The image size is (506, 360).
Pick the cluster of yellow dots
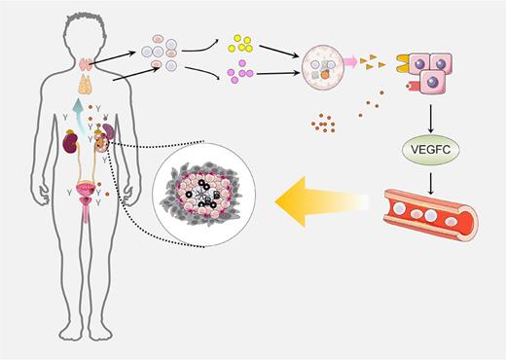(240, 44)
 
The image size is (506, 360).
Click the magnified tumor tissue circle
(204, 190)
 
